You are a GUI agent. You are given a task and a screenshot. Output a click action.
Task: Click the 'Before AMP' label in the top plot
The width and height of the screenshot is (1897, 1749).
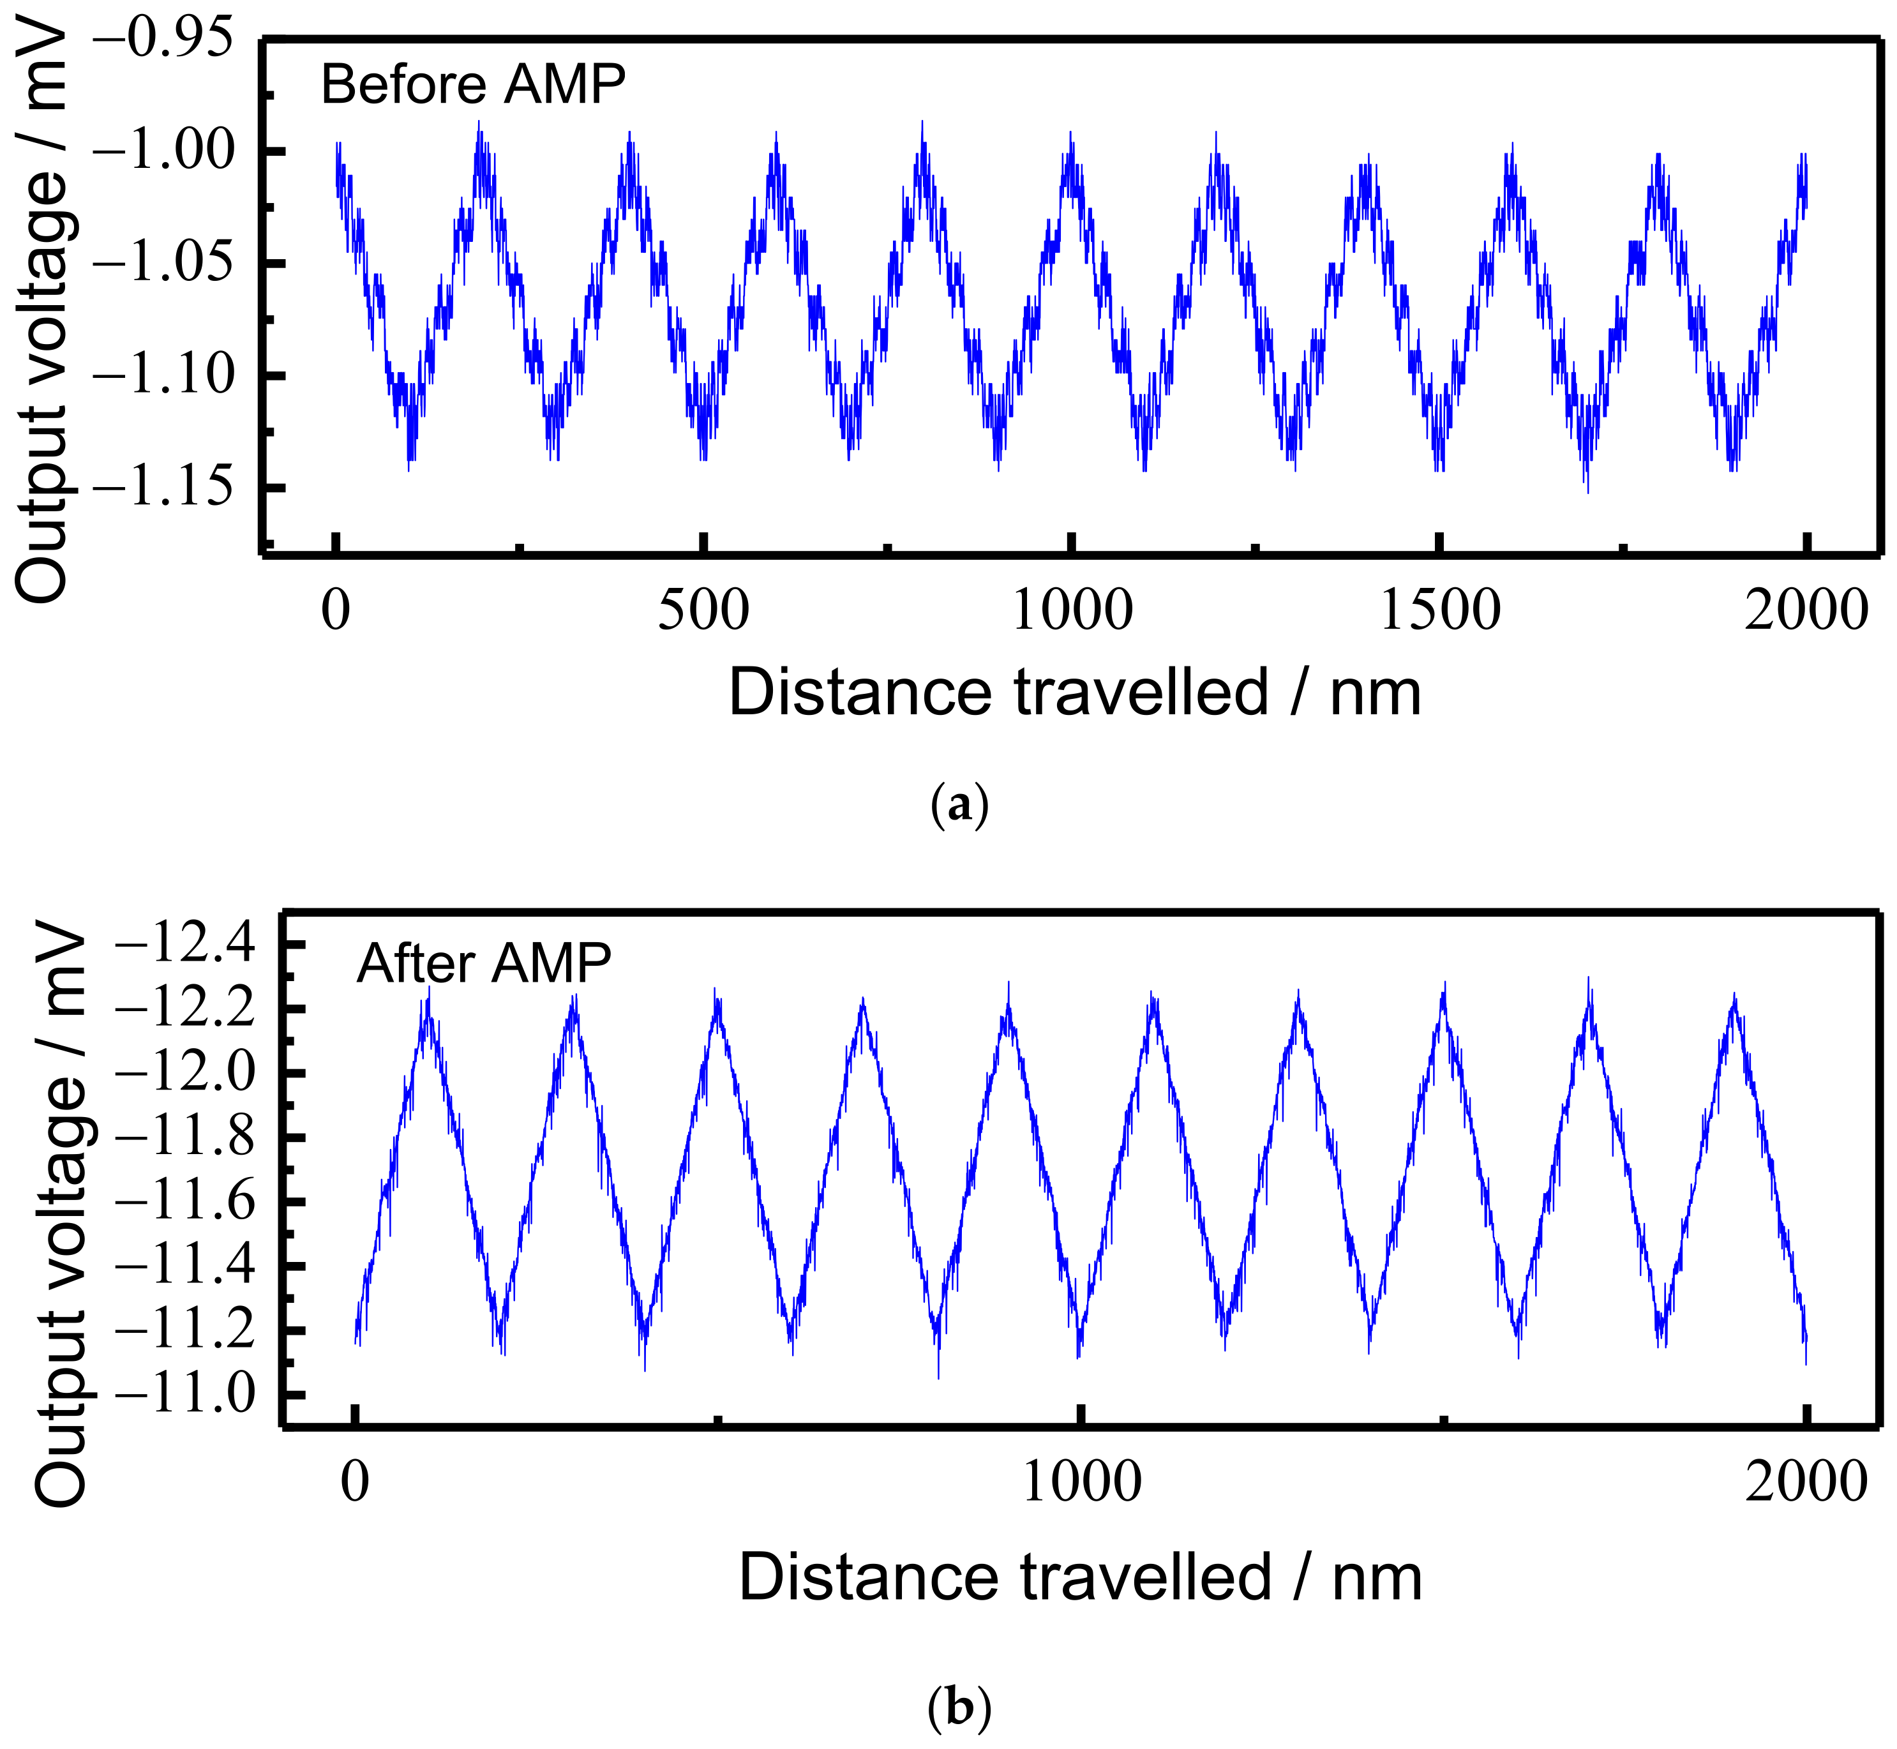click(473, 85)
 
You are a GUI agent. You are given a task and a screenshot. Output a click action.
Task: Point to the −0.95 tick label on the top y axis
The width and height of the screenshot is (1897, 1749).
click(165, 40)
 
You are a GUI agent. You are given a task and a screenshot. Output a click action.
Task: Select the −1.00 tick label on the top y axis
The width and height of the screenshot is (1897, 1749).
click(165, 151)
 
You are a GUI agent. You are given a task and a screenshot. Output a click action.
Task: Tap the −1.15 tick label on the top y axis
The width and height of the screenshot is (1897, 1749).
click(165, 488)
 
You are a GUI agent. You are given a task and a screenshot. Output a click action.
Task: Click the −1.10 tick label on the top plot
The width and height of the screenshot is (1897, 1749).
click(165, 377)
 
